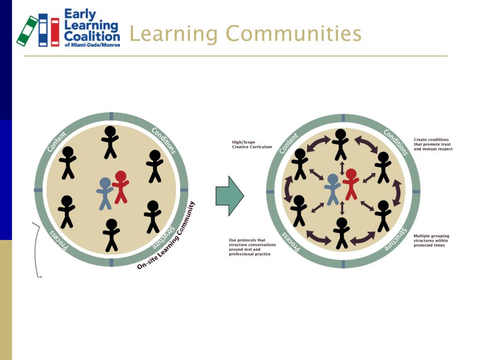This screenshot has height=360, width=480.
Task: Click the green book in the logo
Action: (28, 31)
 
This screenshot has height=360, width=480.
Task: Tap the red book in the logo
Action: (55, 32)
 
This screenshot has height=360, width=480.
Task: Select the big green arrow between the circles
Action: (229, 195)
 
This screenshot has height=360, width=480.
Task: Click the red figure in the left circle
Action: (120, 187)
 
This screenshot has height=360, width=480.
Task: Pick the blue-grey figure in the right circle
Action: (332, 189)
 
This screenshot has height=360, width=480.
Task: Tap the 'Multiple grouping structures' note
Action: (431, 240)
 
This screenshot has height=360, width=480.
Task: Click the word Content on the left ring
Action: (57, 142)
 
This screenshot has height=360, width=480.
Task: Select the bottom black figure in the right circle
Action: (341, 232)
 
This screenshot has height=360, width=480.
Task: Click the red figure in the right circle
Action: (351, 184)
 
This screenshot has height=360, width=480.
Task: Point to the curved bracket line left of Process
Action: (36, 248)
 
